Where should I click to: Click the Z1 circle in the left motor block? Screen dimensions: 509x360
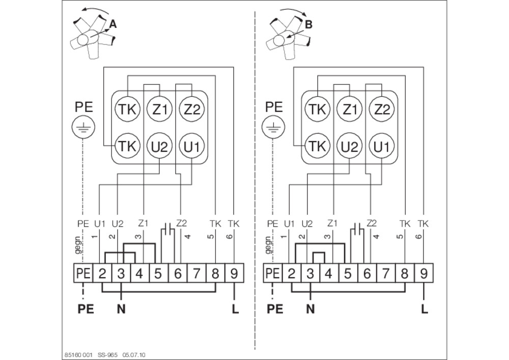click(159, 109)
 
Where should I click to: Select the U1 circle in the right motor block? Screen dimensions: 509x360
click(381, 147)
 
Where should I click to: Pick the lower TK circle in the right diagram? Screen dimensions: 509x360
click(317, 147)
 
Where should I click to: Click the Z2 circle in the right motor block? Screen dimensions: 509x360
click(381, 109)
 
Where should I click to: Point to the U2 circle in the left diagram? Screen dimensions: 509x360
click(159, 147)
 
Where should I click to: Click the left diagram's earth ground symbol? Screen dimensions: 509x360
click(83, 127)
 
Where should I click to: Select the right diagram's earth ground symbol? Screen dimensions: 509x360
click(273, 127)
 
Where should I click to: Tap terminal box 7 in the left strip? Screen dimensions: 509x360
click(196, 273)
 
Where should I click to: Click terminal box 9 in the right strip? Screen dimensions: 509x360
click(423, 273)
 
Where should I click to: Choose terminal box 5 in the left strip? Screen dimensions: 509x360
click(158, 273)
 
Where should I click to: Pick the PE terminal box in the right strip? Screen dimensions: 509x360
click(273, 273)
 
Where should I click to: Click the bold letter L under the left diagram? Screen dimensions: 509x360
click(235, 309)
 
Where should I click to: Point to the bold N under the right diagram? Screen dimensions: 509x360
click(310, 309)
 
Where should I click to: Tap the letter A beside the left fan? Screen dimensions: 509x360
click(112, 24)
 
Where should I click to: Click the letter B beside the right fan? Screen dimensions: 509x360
click(309, 24)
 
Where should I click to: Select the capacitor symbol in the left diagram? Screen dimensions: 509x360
click(168, 229)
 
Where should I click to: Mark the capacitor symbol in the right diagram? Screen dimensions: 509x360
click(358, 229)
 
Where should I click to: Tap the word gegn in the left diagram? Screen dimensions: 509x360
click(77, 245)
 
